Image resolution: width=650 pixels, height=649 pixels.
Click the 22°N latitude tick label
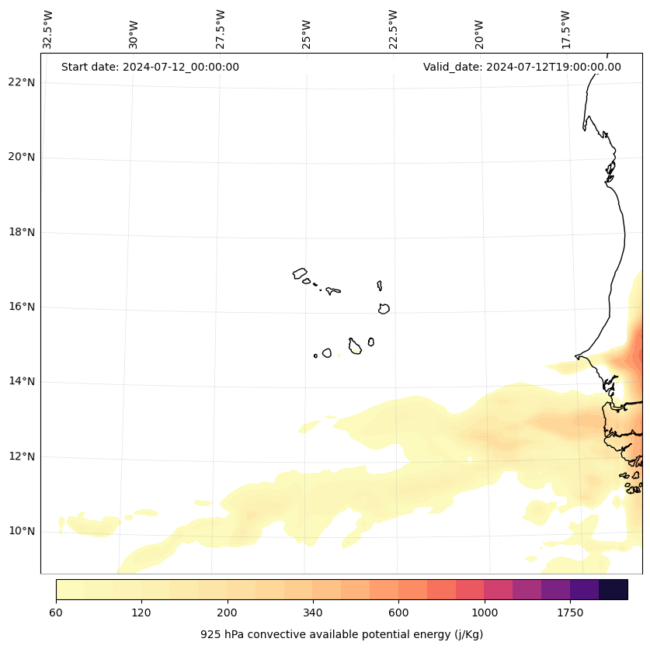pyautogui.click(x=22, y=82)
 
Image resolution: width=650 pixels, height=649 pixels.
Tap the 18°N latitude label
pyautogui.click(x=22, y=232)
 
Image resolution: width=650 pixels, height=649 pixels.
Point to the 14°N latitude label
pyautogui.click(x=22, y=382)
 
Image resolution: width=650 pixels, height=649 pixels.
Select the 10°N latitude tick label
pyautogui.click(x=22, y=532)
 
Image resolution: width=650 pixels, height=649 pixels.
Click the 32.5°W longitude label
pyautogui.click(x=48, y=29)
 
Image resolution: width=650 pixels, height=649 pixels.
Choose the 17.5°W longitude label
pyautogui.click(x=566, y=29)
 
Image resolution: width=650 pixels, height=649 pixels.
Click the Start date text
pyautogui.click(x=150, y=67)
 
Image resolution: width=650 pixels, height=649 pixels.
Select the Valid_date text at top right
pyautogui.click(x=522, y=67)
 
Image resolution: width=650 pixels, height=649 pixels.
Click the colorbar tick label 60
pyautogui.click(x=56, y=613)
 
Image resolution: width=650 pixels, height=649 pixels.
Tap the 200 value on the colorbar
pyautogui.click(x=228, y=613)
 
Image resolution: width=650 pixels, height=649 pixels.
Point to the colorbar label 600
pyautogui.click(x=398, y=613)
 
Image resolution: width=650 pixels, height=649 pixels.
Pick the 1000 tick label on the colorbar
pyautogui.click(x=485, y=613)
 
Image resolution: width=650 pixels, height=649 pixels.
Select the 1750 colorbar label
pyautogui.click(x=570, y=613)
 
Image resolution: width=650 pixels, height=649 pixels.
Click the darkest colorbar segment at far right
pyautogui.click(x=614, y=589)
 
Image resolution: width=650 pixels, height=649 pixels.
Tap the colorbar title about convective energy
pyautogui.click(x=342, y=634)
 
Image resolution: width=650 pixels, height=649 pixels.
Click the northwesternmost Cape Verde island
pyautogui.click(x=300, y=273)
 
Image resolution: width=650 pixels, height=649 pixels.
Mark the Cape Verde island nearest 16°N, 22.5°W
pyautogui.click(x=384, y=308)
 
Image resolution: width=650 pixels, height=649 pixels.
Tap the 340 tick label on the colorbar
pyautogui.click(x=313, y=613)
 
